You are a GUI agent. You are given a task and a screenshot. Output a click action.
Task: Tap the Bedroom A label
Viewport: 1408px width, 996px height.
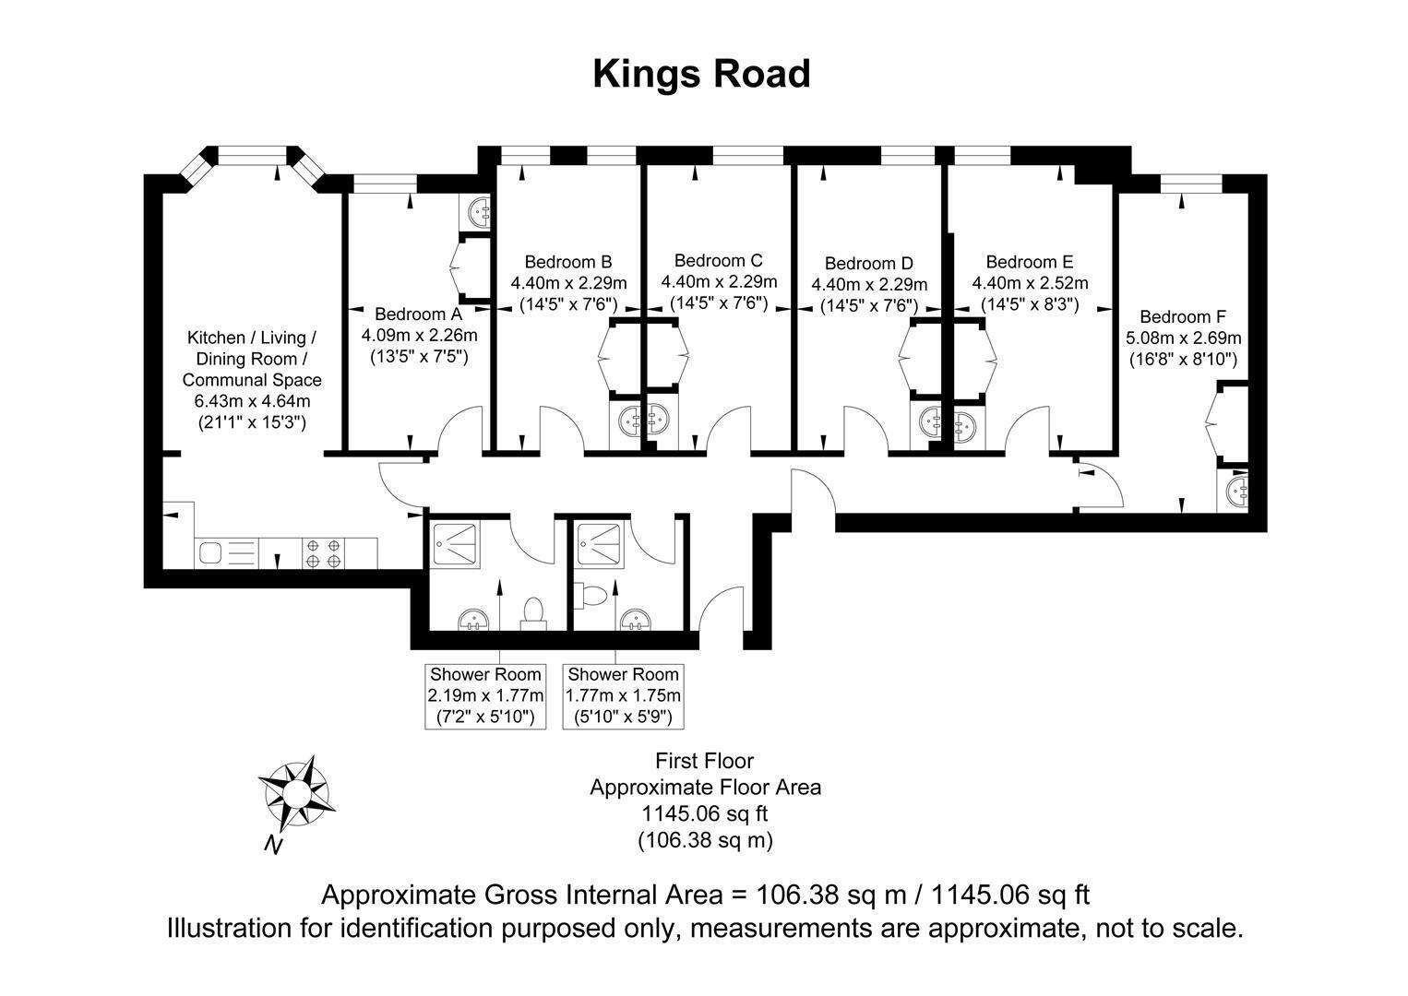(x=418, y=314)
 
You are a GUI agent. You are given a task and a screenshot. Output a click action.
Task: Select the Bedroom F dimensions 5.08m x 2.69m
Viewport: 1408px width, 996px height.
(x=1183, y=338)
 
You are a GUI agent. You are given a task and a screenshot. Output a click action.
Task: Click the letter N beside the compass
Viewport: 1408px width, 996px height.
(x=273, y=845)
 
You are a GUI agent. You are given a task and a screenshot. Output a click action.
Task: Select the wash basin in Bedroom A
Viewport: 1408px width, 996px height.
(x=474, y=212)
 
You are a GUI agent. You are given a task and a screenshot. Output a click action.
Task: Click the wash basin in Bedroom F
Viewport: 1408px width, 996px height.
(x=1233, y=490)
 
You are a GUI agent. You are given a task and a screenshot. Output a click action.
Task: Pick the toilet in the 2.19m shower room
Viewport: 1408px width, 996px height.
(x=533, y=612)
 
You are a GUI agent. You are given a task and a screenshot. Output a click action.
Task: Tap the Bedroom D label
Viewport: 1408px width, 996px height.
(x=868, y=264)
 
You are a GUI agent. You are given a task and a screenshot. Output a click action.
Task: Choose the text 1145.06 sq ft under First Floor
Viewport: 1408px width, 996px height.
(x=705, y=813)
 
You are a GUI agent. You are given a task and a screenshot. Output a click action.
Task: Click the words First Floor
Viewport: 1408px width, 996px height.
(x=705, y=761)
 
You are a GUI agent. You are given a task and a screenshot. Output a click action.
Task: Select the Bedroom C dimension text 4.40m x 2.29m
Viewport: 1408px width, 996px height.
(x=719, y=282)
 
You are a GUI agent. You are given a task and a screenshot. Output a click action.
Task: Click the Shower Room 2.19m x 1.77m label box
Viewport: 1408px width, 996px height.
(x=485, y=696)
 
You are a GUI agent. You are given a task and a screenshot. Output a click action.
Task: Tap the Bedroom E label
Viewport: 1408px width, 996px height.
(x=1030, y=262)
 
